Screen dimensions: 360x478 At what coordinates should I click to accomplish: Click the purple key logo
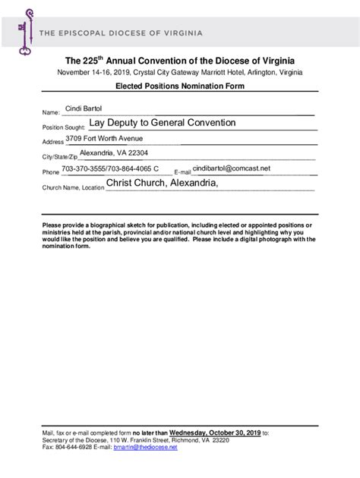(x=25, y=31)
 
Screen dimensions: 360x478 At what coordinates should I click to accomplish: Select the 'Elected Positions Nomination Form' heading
(x=179, y=88)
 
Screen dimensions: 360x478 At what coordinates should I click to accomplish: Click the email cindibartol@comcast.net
(x=232, y=168)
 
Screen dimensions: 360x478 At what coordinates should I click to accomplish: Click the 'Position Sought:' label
(x=64, y=127)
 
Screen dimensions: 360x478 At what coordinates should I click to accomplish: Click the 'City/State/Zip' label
(x=60, y=157)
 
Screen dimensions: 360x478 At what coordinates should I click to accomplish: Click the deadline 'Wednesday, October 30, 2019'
(x=215, y=432)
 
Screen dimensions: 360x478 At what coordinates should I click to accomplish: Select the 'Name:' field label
(x=50, y=113)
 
